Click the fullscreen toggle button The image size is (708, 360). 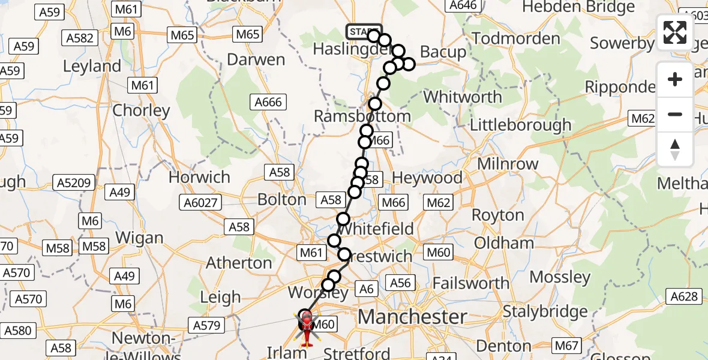click(x=675, y=32)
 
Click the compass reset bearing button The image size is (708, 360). click(x=675, y=149)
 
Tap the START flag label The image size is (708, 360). click(x=363, y=31)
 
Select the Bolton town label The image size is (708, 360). click(x=281, y=199)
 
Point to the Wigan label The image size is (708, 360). click(x=139, y=238)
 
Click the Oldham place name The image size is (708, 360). click(x=504, y=243)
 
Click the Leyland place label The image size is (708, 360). click(x=92, y=66)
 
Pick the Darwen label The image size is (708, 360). click(x=256, y=59)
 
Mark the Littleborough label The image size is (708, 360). click(x=520, y=125)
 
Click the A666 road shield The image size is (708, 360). click(x=268, y=102)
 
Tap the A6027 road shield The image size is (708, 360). click(x=200, y=203)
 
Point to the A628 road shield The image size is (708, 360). click(x=685, y=295)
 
